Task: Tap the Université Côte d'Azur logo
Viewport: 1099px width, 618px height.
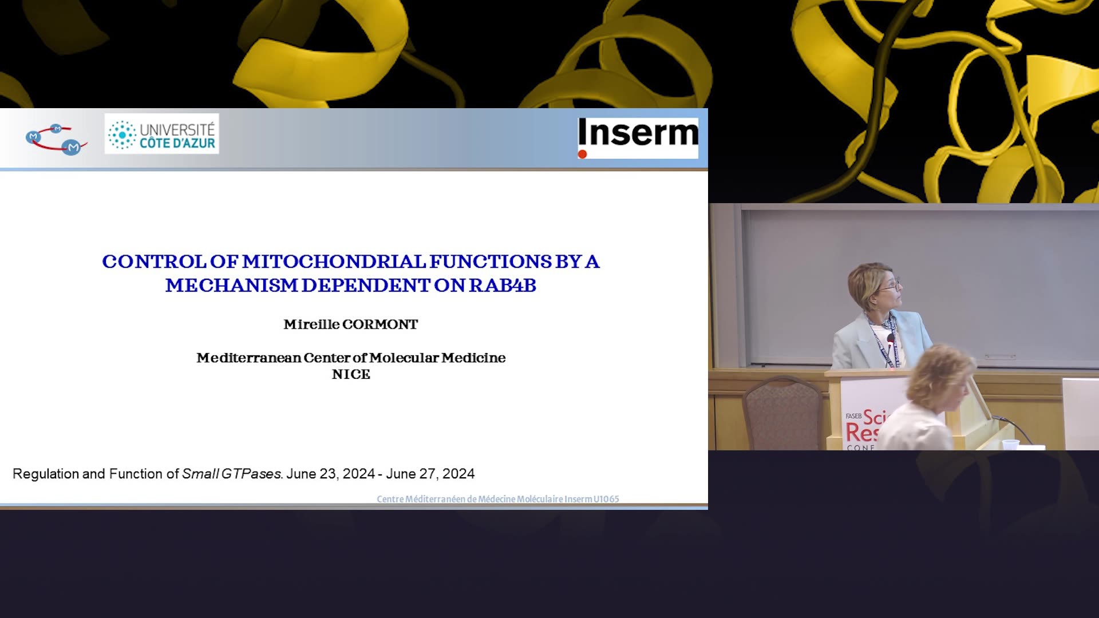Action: click(161, 134)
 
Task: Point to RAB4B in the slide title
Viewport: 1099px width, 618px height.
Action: click(503, 285)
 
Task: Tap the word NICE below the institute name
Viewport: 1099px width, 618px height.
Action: click(351, 374)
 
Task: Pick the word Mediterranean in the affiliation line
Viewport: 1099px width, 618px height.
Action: click(248, 358)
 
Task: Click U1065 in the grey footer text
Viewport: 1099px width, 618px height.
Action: click(606, 499)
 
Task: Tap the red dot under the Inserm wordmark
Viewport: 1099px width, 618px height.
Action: click(582, 154)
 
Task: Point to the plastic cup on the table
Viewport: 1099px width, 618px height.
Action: click(1010, 445)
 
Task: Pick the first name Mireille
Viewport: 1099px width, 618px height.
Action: click(311, 324)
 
